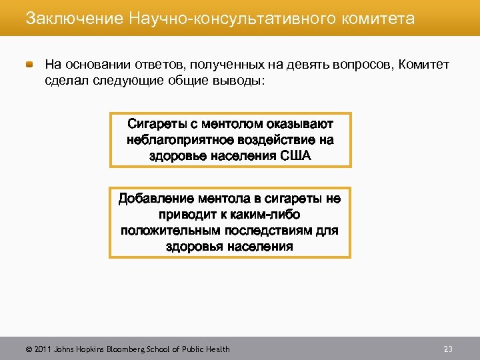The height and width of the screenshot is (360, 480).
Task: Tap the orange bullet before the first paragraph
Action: coord(31,65)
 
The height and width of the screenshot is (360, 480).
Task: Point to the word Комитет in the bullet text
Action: coord(425,65)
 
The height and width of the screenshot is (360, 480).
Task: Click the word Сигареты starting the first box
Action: coord(159,124)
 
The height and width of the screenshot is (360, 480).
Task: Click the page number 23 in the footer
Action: coord(448,349)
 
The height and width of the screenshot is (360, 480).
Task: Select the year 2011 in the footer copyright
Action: coord(41,349)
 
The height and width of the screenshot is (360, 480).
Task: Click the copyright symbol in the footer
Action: coord(28,349)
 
